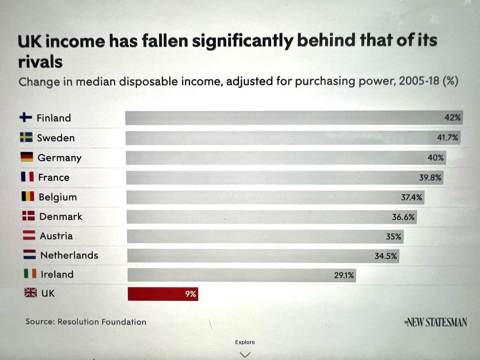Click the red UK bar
point(163,294)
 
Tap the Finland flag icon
point(26,117)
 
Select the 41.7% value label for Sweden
point(447,138)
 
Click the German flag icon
point(27,157)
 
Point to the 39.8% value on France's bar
point(430,177)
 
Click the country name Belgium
point(58,197)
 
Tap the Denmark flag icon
point(28,216)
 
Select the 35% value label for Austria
point(393,236)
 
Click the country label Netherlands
point(69,255)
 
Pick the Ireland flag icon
point(30,274)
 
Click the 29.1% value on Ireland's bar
point(344,276)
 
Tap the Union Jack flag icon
point(30,292)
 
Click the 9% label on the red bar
point(190,294)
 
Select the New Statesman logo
point(436,322)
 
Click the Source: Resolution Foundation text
point(86,321)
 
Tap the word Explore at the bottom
point(245,342)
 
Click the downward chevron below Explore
point(245,354)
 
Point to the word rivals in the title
point(40,62)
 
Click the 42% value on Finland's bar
point(453,118)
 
